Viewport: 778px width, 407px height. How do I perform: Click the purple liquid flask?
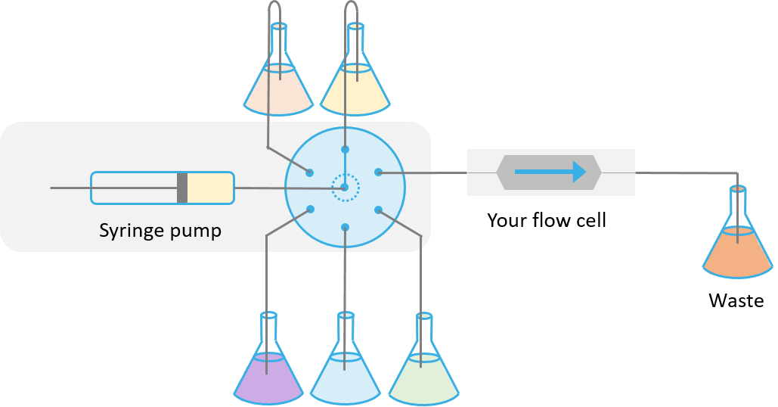pyautogui.click(x=268, y=374)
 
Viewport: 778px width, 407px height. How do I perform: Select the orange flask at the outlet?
pyautogui.click(x=738, y=249)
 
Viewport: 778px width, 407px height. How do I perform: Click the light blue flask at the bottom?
pyautogui.click(x=345, y=374)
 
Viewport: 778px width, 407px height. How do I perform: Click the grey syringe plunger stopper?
pyautogui.click(x=182, y=188)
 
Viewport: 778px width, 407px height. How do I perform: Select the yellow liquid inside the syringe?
pyautogui.click(x=210, y=188)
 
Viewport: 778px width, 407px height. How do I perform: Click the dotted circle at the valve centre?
pyautogui.click(x=346, y=188)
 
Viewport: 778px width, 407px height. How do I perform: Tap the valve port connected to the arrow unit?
pyautogui.click(x=378, y=172)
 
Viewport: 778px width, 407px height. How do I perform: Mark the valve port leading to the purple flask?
pyautogui.click(x=309, y=210)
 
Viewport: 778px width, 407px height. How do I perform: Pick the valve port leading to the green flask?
pyautogui.click(x=378, y=210)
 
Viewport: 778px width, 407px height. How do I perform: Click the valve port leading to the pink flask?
pyautogui.click(x=309, y=172)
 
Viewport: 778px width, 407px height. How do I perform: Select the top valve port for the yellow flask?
pyautogui.click(x=346, y=149)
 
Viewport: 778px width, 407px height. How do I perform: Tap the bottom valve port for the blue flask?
pyautogui.click(x=346, y=227)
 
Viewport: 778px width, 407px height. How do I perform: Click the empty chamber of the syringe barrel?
pyautogui.click(x=135, y=188)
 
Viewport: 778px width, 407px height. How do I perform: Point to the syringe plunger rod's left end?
pyautogui.click(x=52, y=188)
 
